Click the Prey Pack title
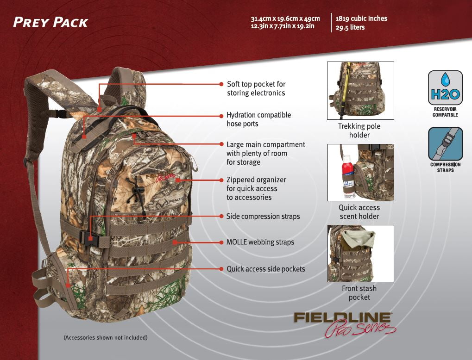tap(50, 22)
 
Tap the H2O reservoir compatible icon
tap(445, 89)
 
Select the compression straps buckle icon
tap(445, 144)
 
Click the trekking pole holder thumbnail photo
tap(360, 91)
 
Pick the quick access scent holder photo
tap(360, 172)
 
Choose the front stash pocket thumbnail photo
tap(360, 254)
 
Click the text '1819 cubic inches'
tap(361, 19)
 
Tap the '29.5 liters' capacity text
tap(350, 27)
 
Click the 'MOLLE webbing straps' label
tap(260, 242)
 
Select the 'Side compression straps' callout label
tap(263, 216)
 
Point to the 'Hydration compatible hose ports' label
tap(258, 119)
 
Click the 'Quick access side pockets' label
tap(265, 269)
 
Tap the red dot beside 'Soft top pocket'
tap(221, 84)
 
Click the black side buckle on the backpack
tap(88, 238)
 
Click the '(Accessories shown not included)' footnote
tap(105, 338)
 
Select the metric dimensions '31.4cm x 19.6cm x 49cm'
tap(285, 19)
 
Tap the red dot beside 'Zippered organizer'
tap(221, 180)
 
